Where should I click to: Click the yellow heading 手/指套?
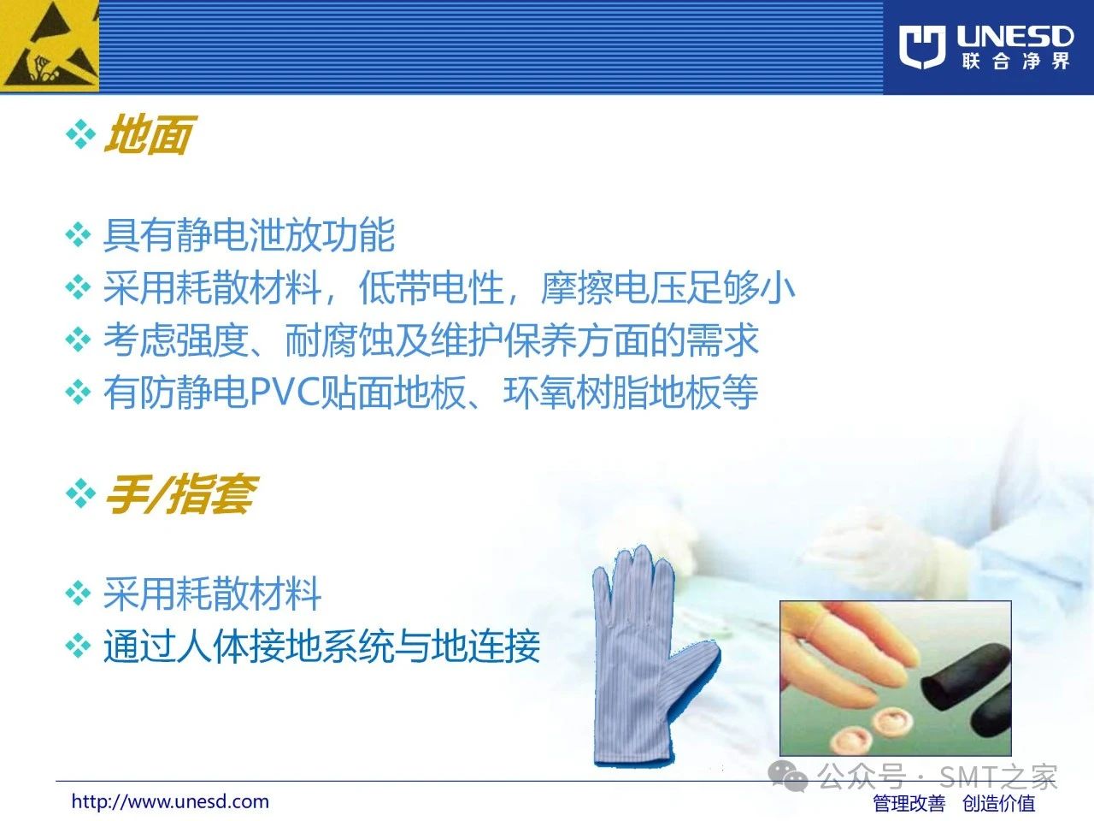pyautogui.click(x=181, y=493)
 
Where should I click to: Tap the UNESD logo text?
pyautogui.click(x=1015, y=37)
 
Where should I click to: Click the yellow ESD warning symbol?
pyautogui.click(x=50, y=46)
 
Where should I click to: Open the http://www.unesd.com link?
pyautogui.click(x=170, y=801)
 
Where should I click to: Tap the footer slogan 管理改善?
pyautogui.click(x=909, y=803)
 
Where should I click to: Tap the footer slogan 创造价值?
pyautogui.click(x=999, y=803)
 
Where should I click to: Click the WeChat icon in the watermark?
pyautogui.click(x=788, y=776)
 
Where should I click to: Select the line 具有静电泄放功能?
pyautogui.click(x=250, y=235)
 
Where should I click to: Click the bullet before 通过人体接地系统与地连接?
pyautogui.click(x=79, y=646)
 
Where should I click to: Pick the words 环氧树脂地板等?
pyautogui.click(x=631, y=393)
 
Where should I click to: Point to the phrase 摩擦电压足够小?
pyautogui.click(x=668, y=288)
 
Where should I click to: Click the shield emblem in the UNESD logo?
pyautogui.click(x=922, y=46)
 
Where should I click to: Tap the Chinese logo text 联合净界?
pyautogui.click(x=1015, y=62)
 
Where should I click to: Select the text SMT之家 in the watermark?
pyautogui.click(x=997, y=777)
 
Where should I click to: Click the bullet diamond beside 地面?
pyautogui.click(x=80, y=134)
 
